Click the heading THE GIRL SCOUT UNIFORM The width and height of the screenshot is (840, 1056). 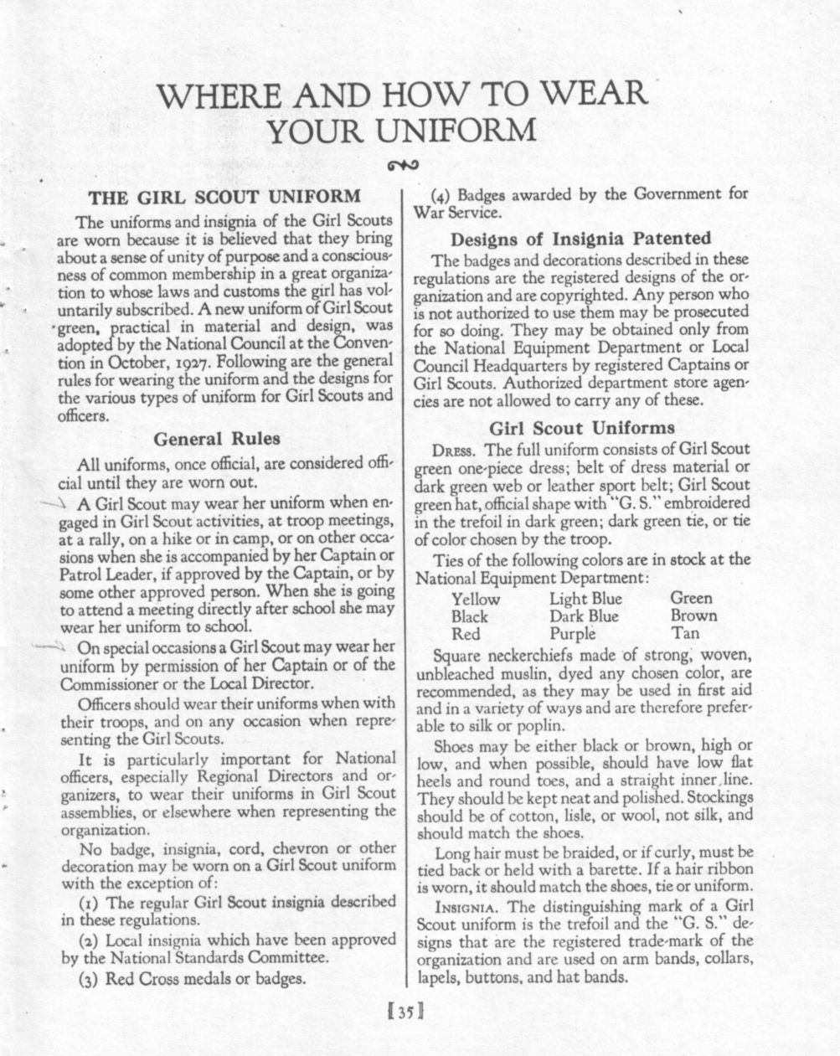(x=224, y=198)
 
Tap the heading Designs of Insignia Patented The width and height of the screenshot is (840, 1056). (x=580, y=238)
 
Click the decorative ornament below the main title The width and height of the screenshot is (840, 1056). (x=403, y=164)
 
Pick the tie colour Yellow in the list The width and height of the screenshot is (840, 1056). (x=475, y=599)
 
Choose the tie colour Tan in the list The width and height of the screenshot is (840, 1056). (x=685, y=634)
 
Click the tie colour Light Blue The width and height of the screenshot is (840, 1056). (x=585, y=599)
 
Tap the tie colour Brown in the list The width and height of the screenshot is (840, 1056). (x=693, y=616)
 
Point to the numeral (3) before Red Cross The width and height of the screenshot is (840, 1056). (x=90, y=978)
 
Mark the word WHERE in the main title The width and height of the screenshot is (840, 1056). (x=219, y=94)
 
